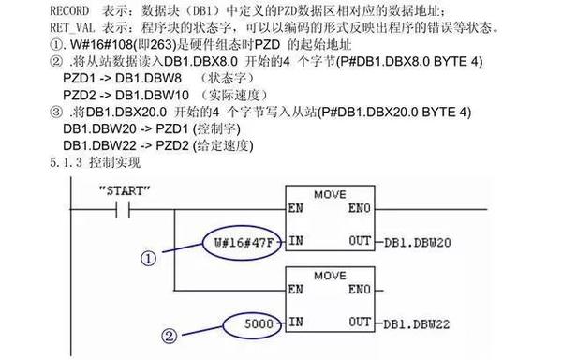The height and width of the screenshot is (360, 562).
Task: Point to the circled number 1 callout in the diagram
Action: (x=147, y=256)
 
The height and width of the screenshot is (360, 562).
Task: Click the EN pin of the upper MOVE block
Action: (x=297, y=208)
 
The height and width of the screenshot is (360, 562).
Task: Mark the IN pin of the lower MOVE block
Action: (x=297, y=322)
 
